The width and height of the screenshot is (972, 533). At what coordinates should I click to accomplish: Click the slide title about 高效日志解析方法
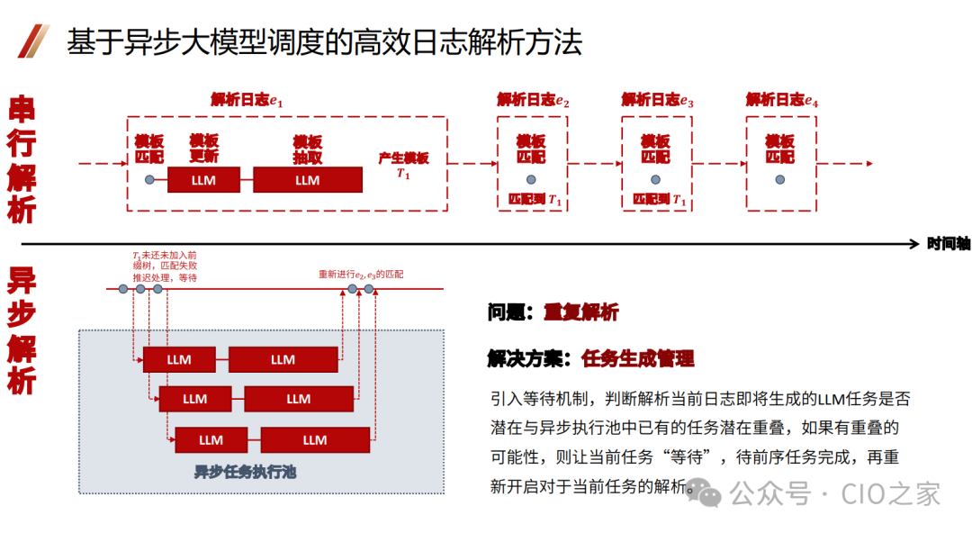pyautogui.click(x=324, y=42)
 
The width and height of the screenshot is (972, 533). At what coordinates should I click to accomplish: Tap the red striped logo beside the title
pyautogui.click(x=33, y=41)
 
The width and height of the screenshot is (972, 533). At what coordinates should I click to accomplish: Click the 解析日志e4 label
pyautogui.click(x=782, y=100)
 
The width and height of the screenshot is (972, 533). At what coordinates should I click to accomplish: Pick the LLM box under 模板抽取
pyautogui.click(x=307, y=180)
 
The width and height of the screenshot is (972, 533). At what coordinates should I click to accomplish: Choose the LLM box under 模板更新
pyautogui.click(x=204, y=180)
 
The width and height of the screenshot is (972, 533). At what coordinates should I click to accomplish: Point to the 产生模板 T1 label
pyautogui.click(x=403, y=165)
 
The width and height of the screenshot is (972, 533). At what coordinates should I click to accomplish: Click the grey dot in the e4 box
pyautogui.click(x=780, y=179)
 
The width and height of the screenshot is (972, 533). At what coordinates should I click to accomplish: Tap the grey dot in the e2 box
pyautogui.click(x=531, y=179)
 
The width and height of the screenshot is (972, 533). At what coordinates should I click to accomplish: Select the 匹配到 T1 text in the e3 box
pyautogui.click(x=659, y=200)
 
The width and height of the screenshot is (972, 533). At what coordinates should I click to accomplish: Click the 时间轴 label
pyautogui.click(x=949, y=244)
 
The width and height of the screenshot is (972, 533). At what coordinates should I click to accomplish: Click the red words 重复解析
pyautogui.click(x=580, y=312)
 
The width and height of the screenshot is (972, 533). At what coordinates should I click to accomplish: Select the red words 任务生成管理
pyautogui.click(x=638, y=358)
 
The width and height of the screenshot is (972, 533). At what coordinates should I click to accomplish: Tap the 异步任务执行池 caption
pyautogui.click(x=245, y=471)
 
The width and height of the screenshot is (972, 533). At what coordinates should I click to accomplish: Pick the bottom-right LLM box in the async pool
pyautogui.click(x=315, y=439)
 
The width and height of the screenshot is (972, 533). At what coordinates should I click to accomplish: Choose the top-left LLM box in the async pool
pyautogui.click(x=179, y=359)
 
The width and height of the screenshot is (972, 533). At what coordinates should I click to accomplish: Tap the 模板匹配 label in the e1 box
pyautogui.click(x=149, y=149)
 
